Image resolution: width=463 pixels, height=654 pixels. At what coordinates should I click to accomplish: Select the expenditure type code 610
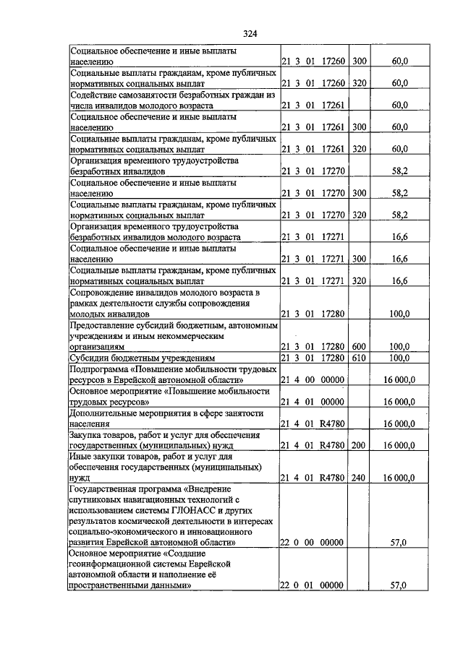tap(358, 358)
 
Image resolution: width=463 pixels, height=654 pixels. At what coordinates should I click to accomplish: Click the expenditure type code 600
tap(358, 347)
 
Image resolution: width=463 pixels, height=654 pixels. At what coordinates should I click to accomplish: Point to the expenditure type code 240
tap(358, 477)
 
